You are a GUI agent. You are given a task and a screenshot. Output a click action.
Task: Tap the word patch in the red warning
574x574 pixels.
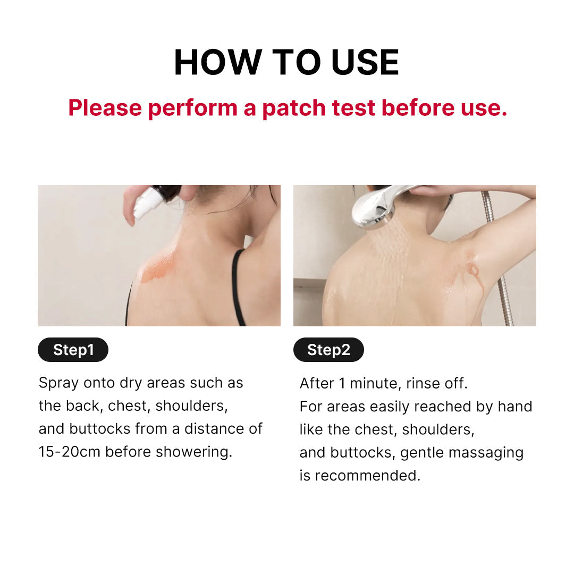coord(293,108)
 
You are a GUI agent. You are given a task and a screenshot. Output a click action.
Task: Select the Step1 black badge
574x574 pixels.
coord(73,350)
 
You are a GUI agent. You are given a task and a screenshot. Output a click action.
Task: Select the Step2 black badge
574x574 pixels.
coord(328,350)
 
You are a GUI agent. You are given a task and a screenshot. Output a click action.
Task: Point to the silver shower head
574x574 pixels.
coord(375,207)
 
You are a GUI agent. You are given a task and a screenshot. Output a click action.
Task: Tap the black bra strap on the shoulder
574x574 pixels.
coord(238,287)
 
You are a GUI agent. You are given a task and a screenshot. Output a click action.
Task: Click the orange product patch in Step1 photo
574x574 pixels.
coord(159,268)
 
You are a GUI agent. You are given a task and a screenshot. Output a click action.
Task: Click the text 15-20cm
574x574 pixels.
coord(70,452)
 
